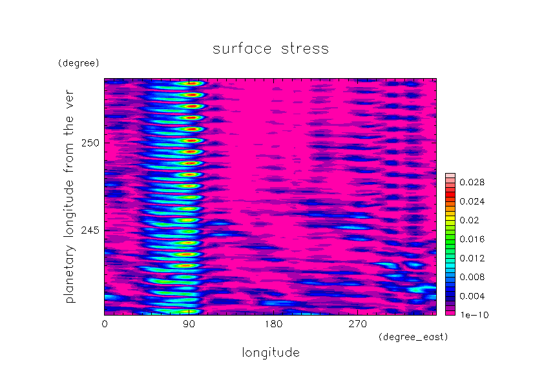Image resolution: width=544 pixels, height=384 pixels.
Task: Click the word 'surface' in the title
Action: click(x=242, y=48)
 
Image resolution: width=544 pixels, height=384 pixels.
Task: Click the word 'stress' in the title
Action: click(x=304, y=48)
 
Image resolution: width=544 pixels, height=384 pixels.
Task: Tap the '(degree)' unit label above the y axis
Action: click(x=79, y=63)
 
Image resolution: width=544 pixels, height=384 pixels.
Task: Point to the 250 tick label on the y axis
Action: click(x=90, y=143)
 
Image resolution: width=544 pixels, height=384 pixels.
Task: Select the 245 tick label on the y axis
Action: click(x=90, y=230)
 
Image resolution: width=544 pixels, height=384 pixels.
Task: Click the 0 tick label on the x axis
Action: click(x=105, y=324)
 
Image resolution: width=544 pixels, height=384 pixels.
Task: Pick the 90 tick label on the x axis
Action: click(x=189, y=324)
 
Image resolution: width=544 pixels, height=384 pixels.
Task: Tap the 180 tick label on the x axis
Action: click(x=273, y=324)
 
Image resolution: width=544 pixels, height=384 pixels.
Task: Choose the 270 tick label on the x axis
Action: click(x=358, y=324)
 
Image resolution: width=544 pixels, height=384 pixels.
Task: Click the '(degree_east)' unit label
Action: click(x=413, y=337)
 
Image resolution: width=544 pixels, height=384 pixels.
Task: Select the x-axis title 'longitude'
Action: click(x=271, y=353)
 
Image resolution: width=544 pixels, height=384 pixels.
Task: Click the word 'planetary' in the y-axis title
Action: click(x=69, y=274)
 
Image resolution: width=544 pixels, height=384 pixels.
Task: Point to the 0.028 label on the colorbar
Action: click(x=472, y=182)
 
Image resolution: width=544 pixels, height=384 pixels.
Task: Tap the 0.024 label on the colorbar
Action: click(x=472, y=201)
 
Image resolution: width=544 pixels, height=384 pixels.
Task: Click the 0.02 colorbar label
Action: click(x=469, y=221)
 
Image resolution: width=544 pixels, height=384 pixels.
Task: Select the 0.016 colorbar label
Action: click(x=472, y=239)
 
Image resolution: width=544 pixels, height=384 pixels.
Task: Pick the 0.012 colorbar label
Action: click(x=472, y=258)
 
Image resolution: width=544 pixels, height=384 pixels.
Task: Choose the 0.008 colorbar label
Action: click(x=472, y=277)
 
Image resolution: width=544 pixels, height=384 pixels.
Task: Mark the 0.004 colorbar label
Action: click(x=472, y=296)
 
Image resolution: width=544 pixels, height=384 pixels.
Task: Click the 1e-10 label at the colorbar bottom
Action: click(x=474, y=315)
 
